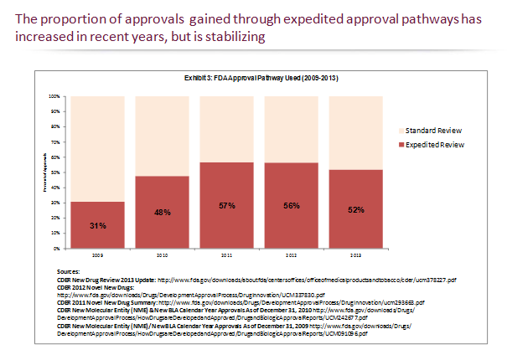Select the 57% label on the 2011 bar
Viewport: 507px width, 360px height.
pyautogui.click(x=226, y=204)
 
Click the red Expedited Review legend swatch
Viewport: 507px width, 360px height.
pyautogui.click(x=399, y=145)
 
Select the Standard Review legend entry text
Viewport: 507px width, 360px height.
pyautogui.click(x=433, y=131)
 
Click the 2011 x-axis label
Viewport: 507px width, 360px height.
pyautogui.click(x=226, y=255)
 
